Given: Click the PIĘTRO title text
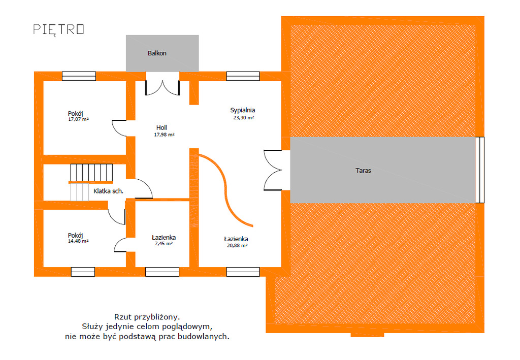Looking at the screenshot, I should coord(58,29).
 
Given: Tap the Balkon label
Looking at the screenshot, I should coord(157,53).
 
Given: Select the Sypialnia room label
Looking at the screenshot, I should coord(242,110).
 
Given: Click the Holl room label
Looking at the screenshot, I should coord(162,127).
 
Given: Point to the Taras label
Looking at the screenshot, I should coord(363,171).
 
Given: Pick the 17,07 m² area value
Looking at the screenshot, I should coord(79,120).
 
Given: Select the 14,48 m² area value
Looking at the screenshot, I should coord(78,241).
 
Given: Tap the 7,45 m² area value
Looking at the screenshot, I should coord(164,244).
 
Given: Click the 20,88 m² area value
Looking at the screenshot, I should coord(237,245).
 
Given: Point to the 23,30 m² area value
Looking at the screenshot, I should coord(243,117).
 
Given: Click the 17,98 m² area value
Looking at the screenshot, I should coord(164,135).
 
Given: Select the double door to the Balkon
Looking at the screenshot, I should coord(162,85).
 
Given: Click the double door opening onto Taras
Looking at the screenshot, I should coord(274,170).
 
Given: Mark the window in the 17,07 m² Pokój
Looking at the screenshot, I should coord(79,76).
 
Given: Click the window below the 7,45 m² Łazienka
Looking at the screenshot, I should coord(162,272).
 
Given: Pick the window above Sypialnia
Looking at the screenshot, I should coord(243,76).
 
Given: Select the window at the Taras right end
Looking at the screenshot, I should coord(480,170).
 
